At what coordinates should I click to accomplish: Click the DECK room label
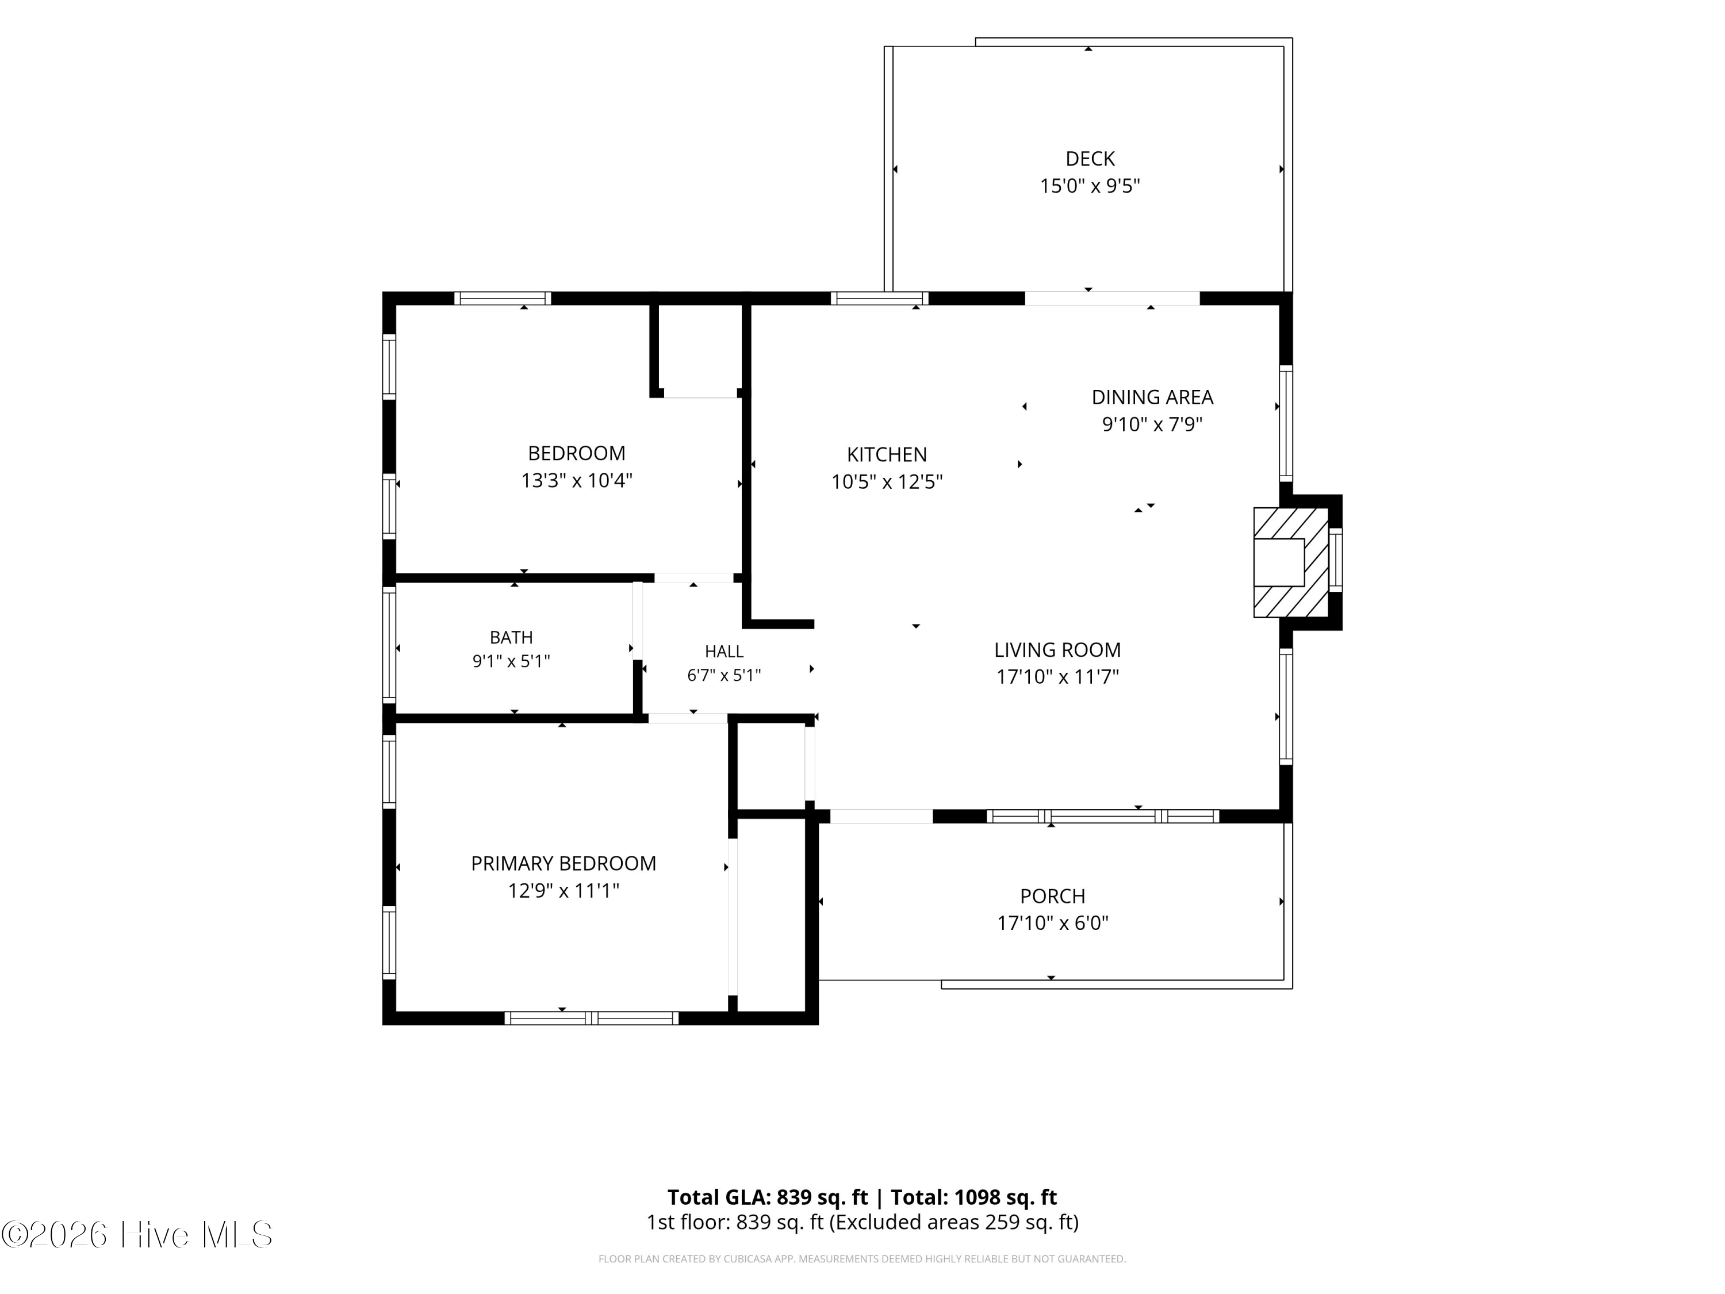[1090, 159]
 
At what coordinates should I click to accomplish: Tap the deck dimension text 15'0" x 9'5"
[1090, 186]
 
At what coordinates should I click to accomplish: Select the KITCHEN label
[887, 455]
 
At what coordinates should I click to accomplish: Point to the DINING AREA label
[1152, 398]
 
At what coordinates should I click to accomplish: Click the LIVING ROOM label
[1057, 650]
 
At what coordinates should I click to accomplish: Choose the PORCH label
[1053, 896]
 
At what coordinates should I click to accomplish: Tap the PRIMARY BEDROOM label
[563, 863]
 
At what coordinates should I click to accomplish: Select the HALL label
[724, 651]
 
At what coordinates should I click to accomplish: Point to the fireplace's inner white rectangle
[1279, 562]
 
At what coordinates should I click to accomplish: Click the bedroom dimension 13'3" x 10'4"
[576, 480]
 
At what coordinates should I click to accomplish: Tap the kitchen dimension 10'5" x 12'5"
[887, 482]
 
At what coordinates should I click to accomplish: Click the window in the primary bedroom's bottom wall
[591, 1018]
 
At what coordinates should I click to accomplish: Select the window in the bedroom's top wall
[503, 298]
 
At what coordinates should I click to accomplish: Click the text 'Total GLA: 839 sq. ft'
[768, 1197]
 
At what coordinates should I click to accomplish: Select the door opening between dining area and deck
[1112, 298]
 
